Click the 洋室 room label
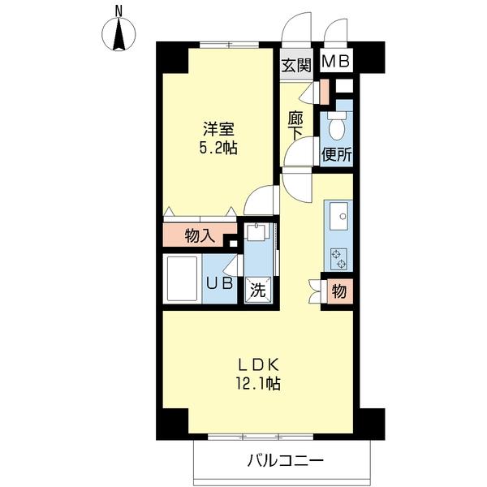point(218,129)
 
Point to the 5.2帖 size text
point(218,149)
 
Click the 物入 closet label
point(199,236)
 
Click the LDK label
point(258,363)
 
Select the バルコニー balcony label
point(286,460)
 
